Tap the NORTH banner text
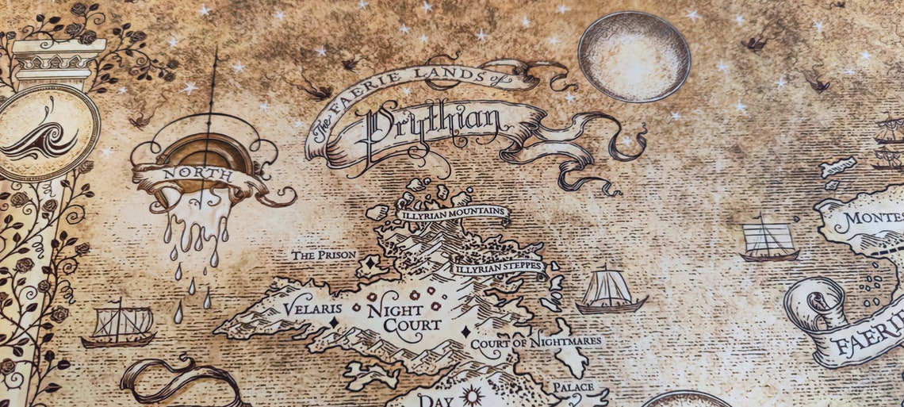click(x=187, y=174)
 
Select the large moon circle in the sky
click(x=634, y=56)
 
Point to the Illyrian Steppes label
click(x=498, y=267)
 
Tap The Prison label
click(x=324, y=255)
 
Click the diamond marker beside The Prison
click(x=369, y=262)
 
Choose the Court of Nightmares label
click(x=536, y=343)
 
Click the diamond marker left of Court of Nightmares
click(x=465, y=332)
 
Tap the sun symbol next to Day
click(x=473, y=395)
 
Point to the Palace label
click(x=573, y=386)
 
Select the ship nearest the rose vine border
click(x=118, y=324)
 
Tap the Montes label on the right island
click(x=873, y=217)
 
